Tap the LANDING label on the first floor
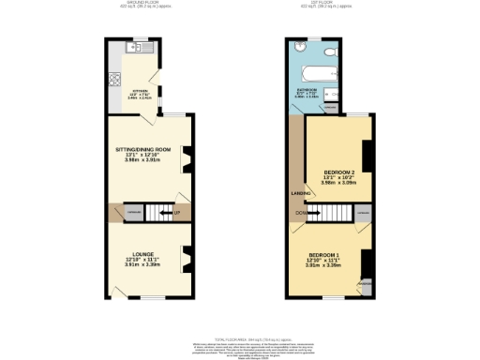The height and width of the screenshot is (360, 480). [301, 193]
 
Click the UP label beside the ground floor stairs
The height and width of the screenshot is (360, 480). [176, 213]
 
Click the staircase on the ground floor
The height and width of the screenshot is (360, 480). [157, 214]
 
